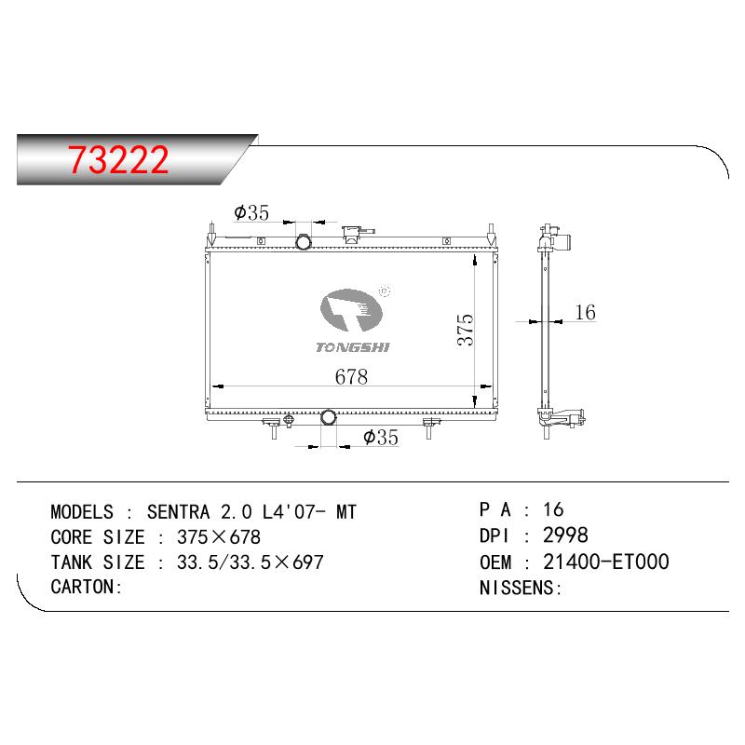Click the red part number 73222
click(118, 159)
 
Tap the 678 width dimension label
click(351, 377)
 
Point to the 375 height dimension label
click(466, 330)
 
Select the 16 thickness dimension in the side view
click(585, 312)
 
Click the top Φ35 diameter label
click(251, 212)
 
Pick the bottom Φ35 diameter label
click(381, 437)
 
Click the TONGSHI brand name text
click(353, 347)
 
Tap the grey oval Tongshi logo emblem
click(351, 310)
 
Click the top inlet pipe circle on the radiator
click(304, 242)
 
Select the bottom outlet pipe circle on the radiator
click(329, 417)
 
